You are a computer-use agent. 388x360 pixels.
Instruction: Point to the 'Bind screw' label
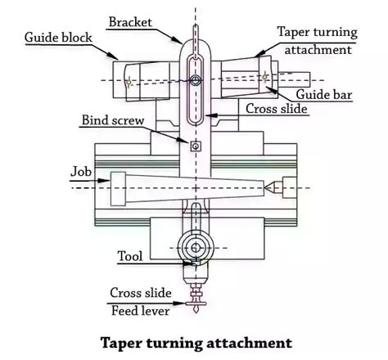click(113, 120)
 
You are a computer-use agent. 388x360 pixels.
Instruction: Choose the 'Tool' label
click(130, 256)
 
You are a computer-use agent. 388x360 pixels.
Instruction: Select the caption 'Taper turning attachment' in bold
click(195, 340)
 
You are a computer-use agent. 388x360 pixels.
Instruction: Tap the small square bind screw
click(195, 146)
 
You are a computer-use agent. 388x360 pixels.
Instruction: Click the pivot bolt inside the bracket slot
click(195, 80)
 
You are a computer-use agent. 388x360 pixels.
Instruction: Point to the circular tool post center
click(195, 247)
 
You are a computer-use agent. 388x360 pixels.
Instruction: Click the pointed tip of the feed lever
click(195, 315)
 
